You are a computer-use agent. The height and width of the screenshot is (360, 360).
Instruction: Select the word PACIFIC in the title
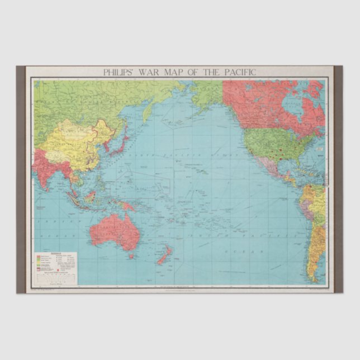click(236, 72)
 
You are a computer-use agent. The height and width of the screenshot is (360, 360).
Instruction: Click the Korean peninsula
click(107, 144)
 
